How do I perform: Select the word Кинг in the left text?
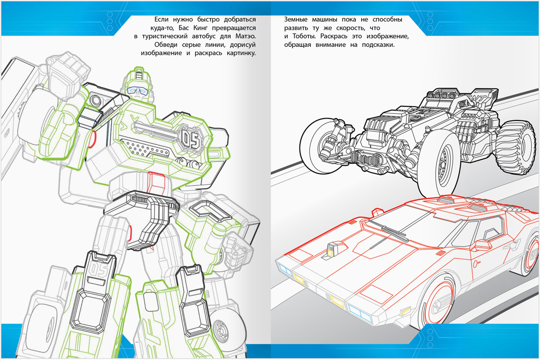pos(216,28)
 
